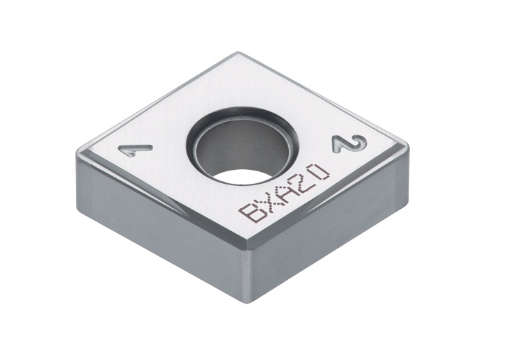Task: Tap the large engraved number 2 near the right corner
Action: point(348,145)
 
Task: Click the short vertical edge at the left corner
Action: point(77,174)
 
